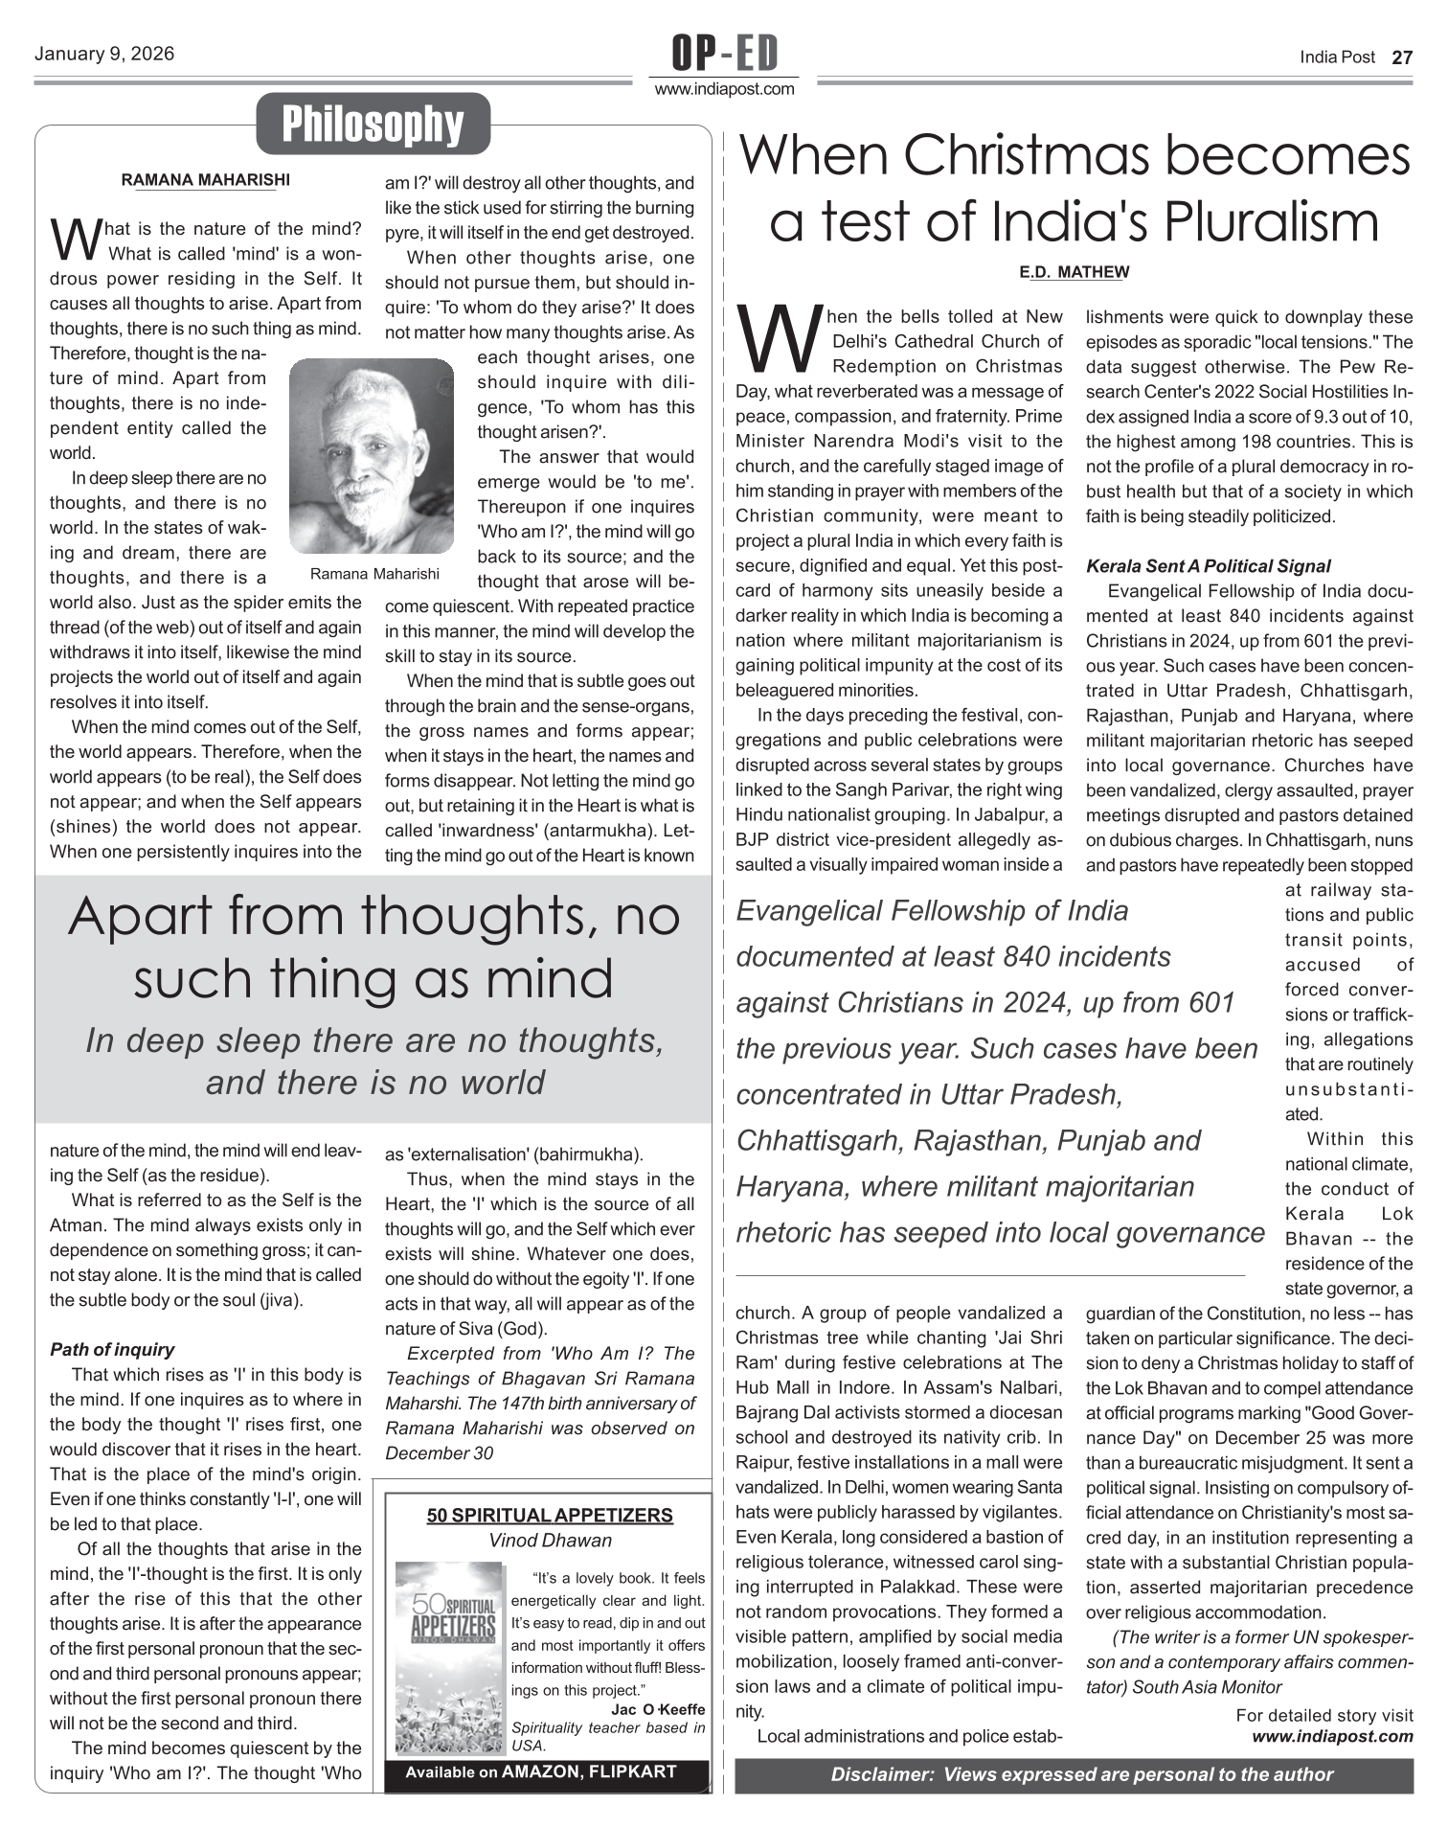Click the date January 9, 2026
coord(104,55)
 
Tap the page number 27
coord(1401,57)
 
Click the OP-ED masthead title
coord(724,54)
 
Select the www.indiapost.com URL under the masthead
coord(724,90)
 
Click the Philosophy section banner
coord(373,125)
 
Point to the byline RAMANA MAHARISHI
coord(205,179)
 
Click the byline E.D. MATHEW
coord(1074,272)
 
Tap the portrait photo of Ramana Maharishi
coord(371,455)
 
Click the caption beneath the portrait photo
coord(374,574)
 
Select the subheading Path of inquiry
coord(112,1350)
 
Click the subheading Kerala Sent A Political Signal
coord(1208,566)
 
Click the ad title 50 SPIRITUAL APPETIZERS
coord(550,1515)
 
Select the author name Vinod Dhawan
coord(550,1541)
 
